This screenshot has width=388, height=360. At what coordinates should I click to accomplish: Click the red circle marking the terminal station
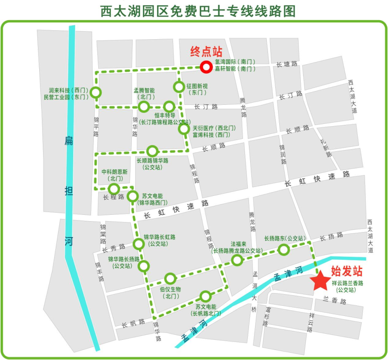(206, 67)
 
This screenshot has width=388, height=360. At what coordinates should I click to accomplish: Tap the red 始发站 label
(346, 271)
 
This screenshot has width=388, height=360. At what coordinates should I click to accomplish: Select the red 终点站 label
(206, 51)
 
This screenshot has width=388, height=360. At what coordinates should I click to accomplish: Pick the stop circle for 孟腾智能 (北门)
(144, 107)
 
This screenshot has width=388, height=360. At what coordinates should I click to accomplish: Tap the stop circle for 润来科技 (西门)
(95, 93)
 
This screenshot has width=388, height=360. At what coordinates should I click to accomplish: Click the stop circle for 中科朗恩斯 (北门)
(114, 188)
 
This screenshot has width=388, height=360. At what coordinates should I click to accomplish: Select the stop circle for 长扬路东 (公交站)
(284, 250)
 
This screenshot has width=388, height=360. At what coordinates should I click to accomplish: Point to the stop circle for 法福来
(237, 260)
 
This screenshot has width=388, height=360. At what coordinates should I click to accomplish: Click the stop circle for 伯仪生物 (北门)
(170, 279)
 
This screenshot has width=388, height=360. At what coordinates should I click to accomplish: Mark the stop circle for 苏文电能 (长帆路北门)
(206, 296)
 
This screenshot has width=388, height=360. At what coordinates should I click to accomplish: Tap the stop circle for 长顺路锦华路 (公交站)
(152, 151)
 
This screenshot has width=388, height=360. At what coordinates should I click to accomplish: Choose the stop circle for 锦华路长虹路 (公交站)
(139, 244)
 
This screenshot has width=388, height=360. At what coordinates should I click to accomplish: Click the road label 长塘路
(287, 64)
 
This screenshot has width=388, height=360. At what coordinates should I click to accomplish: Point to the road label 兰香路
(335, 301)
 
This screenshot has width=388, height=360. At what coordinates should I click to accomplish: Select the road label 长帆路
(133, 323)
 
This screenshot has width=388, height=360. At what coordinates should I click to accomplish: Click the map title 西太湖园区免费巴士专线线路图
(198, 11)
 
